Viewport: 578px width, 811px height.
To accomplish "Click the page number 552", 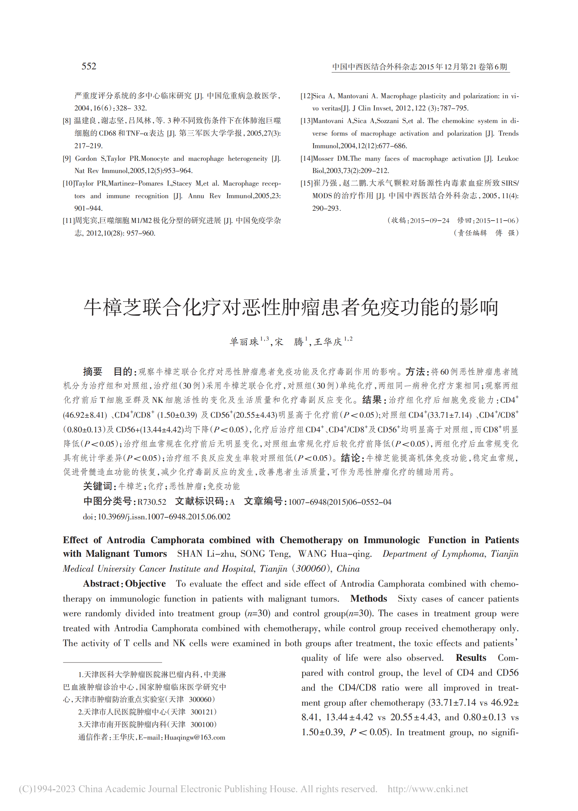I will tap(89, 66).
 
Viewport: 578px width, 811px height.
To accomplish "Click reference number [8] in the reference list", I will tap(67, 121).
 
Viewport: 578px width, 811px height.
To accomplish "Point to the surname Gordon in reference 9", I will tap(86, 159).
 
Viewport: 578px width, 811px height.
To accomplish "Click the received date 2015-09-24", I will tap(430, 221).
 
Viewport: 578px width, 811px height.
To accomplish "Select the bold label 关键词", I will tap(98, 486).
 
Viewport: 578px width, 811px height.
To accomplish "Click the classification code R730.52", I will tap(152, 502).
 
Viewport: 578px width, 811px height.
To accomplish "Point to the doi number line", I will tap(157, 517).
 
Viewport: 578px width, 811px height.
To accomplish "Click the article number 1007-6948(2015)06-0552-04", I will tap(339, 502).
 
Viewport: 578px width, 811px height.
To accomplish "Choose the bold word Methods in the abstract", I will tap(368, 599).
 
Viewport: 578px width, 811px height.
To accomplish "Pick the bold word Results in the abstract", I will tap(471, 658).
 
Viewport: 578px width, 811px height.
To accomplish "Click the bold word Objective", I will tap(145, 584).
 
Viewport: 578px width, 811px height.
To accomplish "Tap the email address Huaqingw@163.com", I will tap(194, 737).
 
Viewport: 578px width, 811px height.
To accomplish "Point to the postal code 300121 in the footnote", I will tap(203, 712).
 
